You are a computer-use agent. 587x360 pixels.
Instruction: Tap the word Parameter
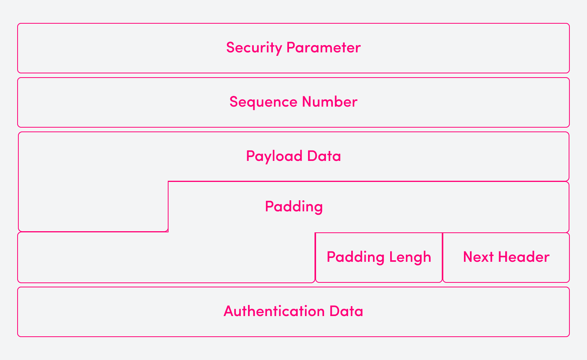click(x=323, y=48)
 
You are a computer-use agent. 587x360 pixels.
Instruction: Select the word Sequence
click(x=263, y=102)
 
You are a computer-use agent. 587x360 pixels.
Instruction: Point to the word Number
click(x=329, y=102)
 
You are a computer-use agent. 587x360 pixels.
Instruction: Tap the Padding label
click(x=293, y=207)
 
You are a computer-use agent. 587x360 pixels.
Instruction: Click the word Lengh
click(x=410, y=257)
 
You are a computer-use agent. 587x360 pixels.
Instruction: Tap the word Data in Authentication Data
click(x=346, y=311)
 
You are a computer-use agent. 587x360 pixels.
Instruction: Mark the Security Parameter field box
click(x=115, y=48)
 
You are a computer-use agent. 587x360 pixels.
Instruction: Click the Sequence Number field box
click(x=115, y=102)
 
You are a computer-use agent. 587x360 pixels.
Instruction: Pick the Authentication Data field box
click(x=115, y=312)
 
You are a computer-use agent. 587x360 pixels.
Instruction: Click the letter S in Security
click(x=230, y=48)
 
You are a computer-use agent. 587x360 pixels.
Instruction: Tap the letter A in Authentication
click(x=228, y=311)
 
